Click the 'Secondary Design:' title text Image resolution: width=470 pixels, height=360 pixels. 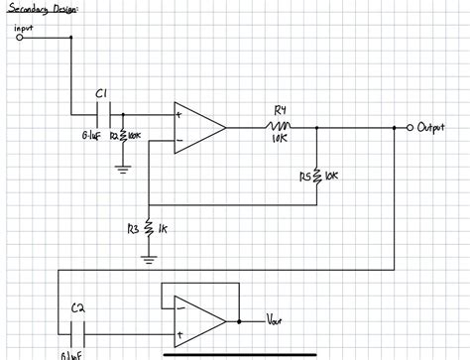pos(41,9)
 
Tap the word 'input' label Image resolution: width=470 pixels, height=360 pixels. pos(26,28)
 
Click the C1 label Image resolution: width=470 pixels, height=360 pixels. pos(101,93)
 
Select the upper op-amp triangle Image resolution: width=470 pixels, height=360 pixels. pos(197,127)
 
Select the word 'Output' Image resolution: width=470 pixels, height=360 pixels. pos(433,128)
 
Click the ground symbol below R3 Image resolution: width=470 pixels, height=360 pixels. pos(148,260)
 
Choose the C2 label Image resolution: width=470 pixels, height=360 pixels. pos(78,307)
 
